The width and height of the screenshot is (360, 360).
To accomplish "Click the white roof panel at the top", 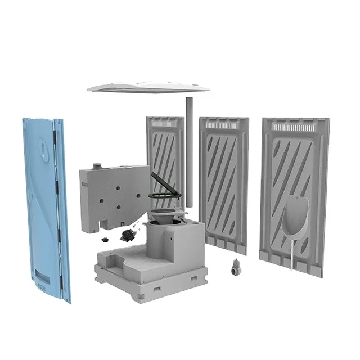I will coord(148,86).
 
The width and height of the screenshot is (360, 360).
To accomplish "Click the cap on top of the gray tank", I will coord(98,166).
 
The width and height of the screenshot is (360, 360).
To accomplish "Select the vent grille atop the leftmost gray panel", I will coord(164,122).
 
